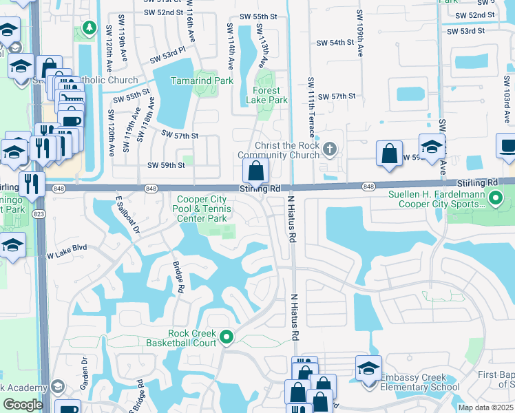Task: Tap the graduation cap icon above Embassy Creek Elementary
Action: (x=368, y=368)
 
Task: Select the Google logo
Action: (x=22, y=405)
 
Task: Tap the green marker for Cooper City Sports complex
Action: (x=495, y=199)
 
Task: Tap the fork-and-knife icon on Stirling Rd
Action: (x=31, y=184)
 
